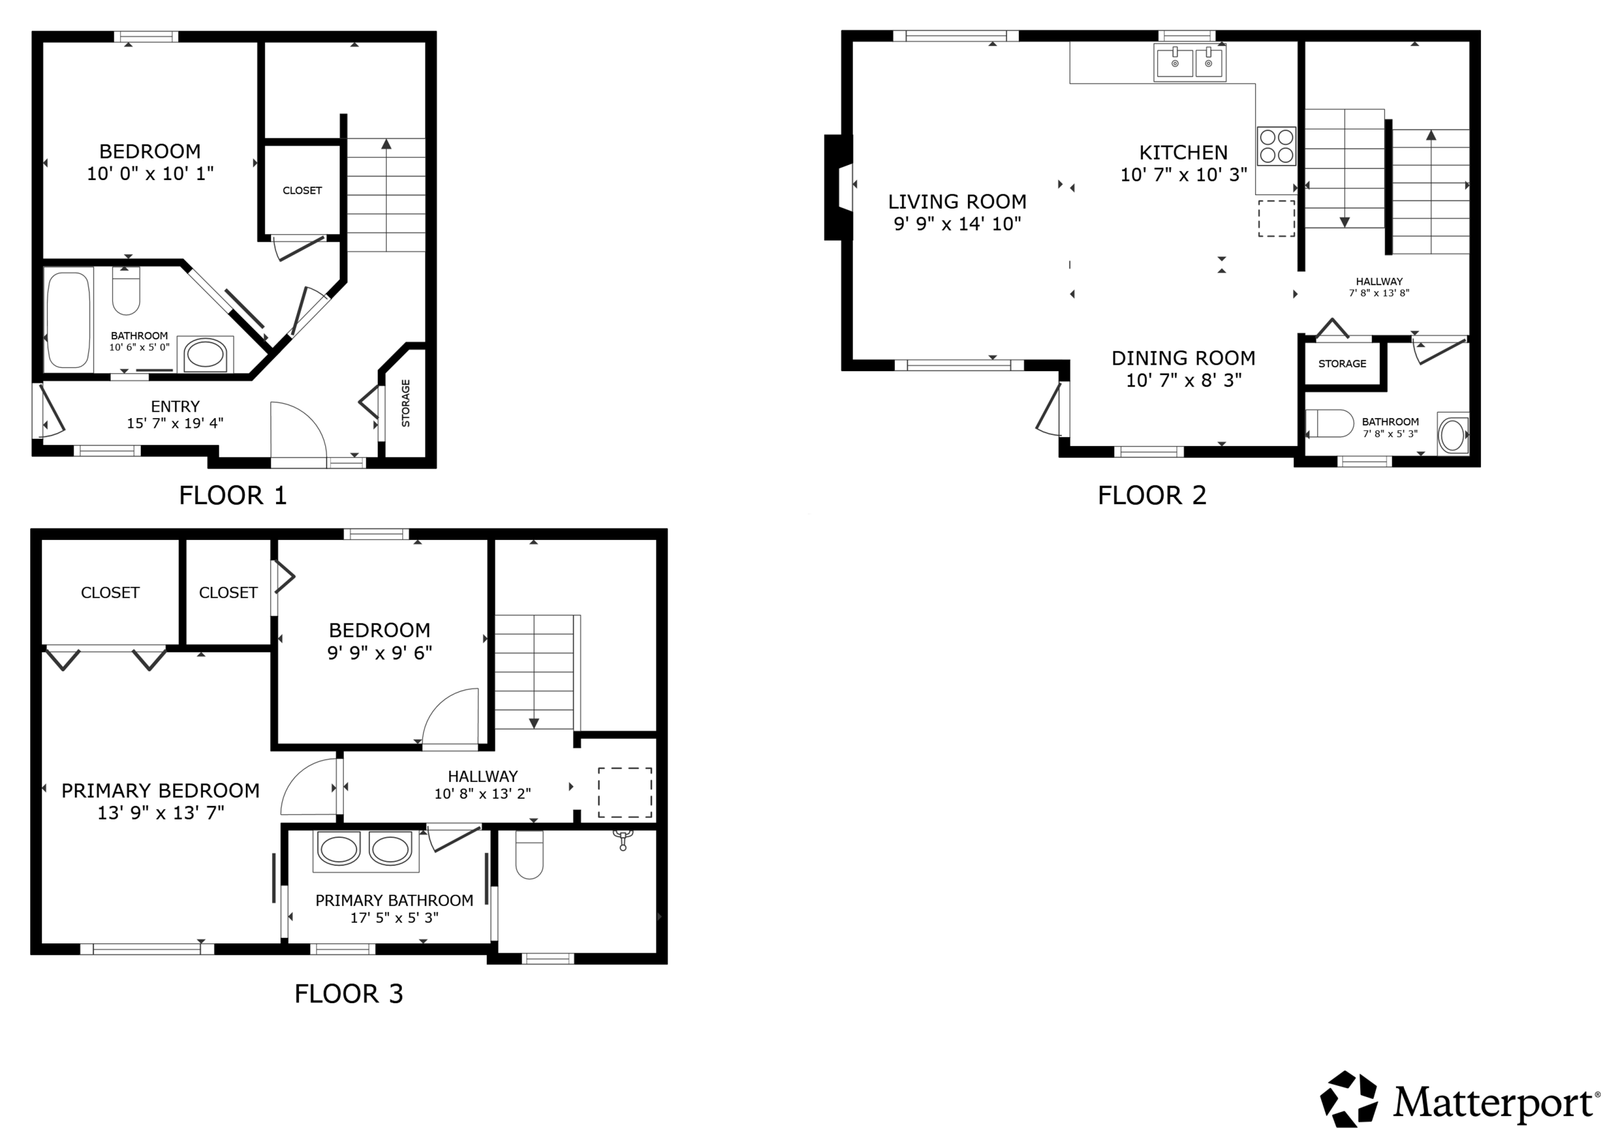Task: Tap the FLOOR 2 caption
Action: click(x=1152, y=496)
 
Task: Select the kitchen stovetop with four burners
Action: click(x=1276, y=146)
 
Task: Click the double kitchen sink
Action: click(x=1190, y=63)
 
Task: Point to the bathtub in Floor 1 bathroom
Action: click(x=68, y=320)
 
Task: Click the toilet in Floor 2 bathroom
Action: click(x=1330, y=423)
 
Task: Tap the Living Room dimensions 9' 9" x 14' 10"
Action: click(x=957, y=224)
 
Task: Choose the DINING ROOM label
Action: click(x=1183, y=358)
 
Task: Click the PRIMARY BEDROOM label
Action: click(x=161, y=791)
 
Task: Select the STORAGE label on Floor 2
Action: click(x=1342, y=364)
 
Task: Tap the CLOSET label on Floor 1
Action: click(x=303, y=190)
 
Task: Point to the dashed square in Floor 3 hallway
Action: click(x=625, y=793)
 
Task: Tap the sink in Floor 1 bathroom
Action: click(x=205, y=353)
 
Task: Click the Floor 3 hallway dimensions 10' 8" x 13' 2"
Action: click(x=483, y=794)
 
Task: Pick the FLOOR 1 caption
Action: click(x=232, y=496)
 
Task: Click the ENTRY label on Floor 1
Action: click(x=175, y=407)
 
